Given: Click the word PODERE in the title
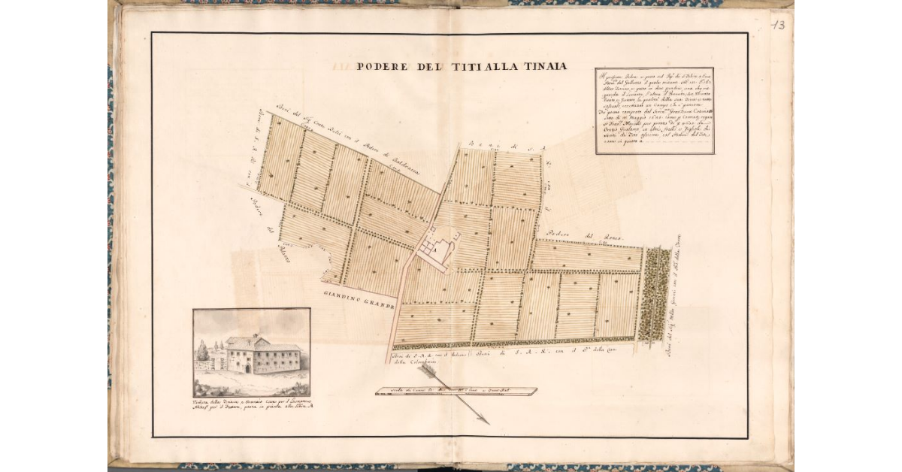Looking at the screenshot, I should pos(383,66).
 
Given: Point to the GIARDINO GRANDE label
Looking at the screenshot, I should pos(359,300).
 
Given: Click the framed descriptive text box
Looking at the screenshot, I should pos(654,110).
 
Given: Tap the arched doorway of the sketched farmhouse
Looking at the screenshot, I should pos(246,368).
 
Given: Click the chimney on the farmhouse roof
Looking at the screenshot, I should pos(255,336).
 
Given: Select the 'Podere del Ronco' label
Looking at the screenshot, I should pos(576,234).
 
